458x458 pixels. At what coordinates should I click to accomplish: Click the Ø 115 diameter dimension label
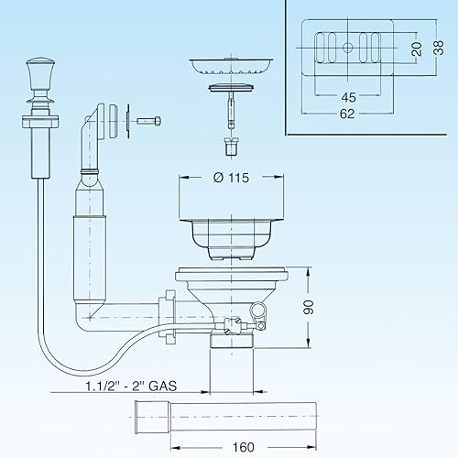pos(231,178)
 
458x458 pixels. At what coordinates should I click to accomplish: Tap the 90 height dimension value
pos(308,307)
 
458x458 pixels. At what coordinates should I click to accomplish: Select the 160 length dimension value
pos(244,447)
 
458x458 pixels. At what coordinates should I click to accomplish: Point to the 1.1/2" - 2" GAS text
pos(131,386)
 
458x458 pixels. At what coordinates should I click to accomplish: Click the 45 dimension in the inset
pos(348,97)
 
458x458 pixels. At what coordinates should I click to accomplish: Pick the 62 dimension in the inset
pos(347,114)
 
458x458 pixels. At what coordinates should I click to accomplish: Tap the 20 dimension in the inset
pos(417,49)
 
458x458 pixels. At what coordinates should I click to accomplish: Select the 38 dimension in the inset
pos(439,48)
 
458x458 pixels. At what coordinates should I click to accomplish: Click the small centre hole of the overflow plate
pos(347,48)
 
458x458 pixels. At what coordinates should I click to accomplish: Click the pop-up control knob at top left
pos(40,74)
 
